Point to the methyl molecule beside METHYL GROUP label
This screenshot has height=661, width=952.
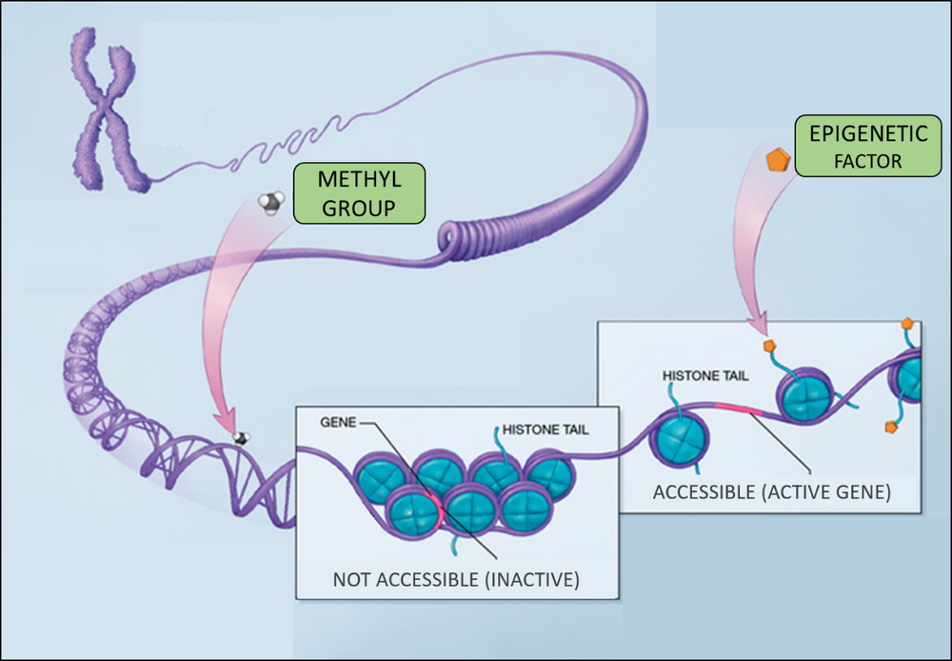tap(271, 202)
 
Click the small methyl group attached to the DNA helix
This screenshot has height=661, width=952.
tap(243, 437)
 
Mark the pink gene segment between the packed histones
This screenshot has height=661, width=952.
tap(434, 507)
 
